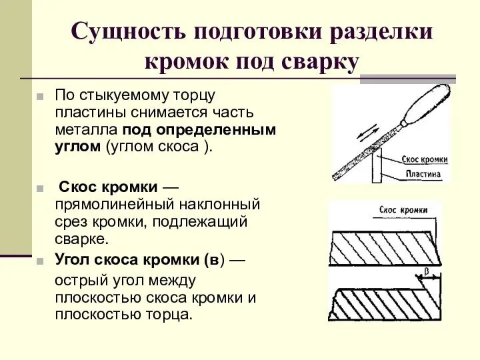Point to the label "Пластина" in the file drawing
tap(423, 174)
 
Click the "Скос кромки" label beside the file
tap(424, 160)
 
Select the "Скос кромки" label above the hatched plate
tap(403, 210)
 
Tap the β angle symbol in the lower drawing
tap(426, 271)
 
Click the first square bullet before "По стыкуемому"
tap(40, 97)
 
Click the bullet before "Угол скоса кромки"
tap(40, 259)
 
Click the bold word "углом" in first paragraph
tap(77, 147)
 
